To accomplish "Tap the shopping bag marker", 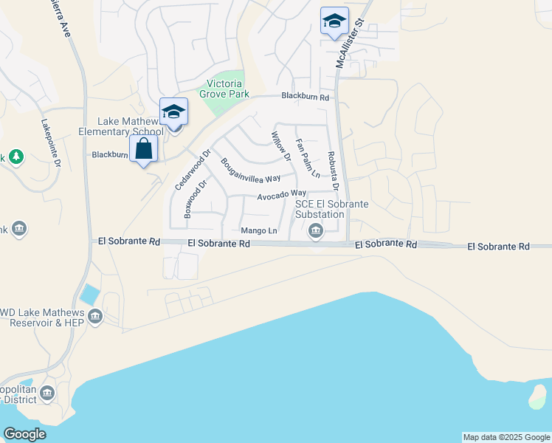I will (144, 149).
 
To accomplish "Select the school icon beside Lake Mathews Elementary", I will (173, 112).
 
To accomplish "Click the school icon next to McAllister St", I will (334, 21).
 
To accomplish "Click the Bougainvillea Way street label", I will (251, 169).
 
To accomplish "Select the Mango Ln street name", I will (258, 230).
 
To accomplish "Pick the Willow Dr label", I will (282, 143).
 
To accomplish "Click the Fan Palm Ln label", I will (307, 158).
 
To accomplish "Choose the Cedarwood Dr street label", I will (193, 170).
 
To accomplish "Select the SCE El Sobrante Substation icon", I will (316, 231).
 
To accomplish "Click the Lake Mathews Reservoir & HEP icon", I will (95, 317).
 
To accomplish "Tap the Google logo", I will (25, 434).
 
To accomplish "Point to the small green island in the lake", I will (537, 396).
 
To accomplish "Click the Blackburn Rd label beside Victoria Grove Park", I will (306, 97).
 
